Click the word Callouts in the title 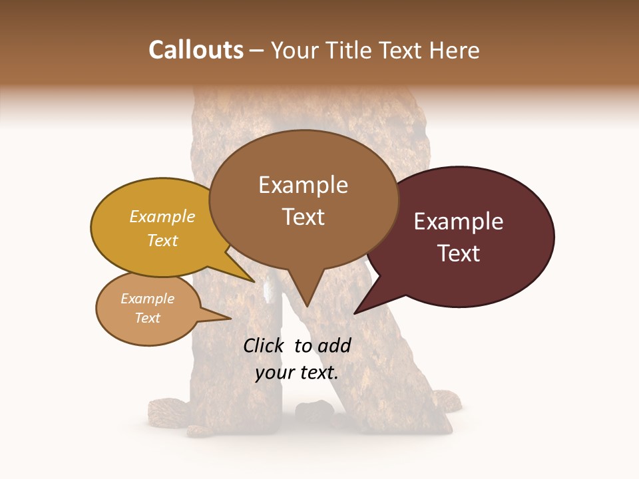pyautogui.click(x=196, y=51)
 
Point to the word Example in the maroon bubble pyautogui.click(x=459, y=222)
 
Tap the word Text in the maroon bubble pyautogui.click(x=459, y=253)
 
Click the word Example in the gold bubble pyautogui.click(x=162, y=216)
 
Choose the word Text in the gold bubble pyautogui.click(x=162, y=240)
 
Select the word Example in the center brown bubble pyautogui.click(x=303, y=185)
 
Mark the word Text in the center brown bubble pyautogui.click(x=304, y=217)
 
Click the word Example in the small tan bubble pyautogui.click(x=147, y=299)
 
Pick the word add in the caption pyautogui.click(x=334, y=345)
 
